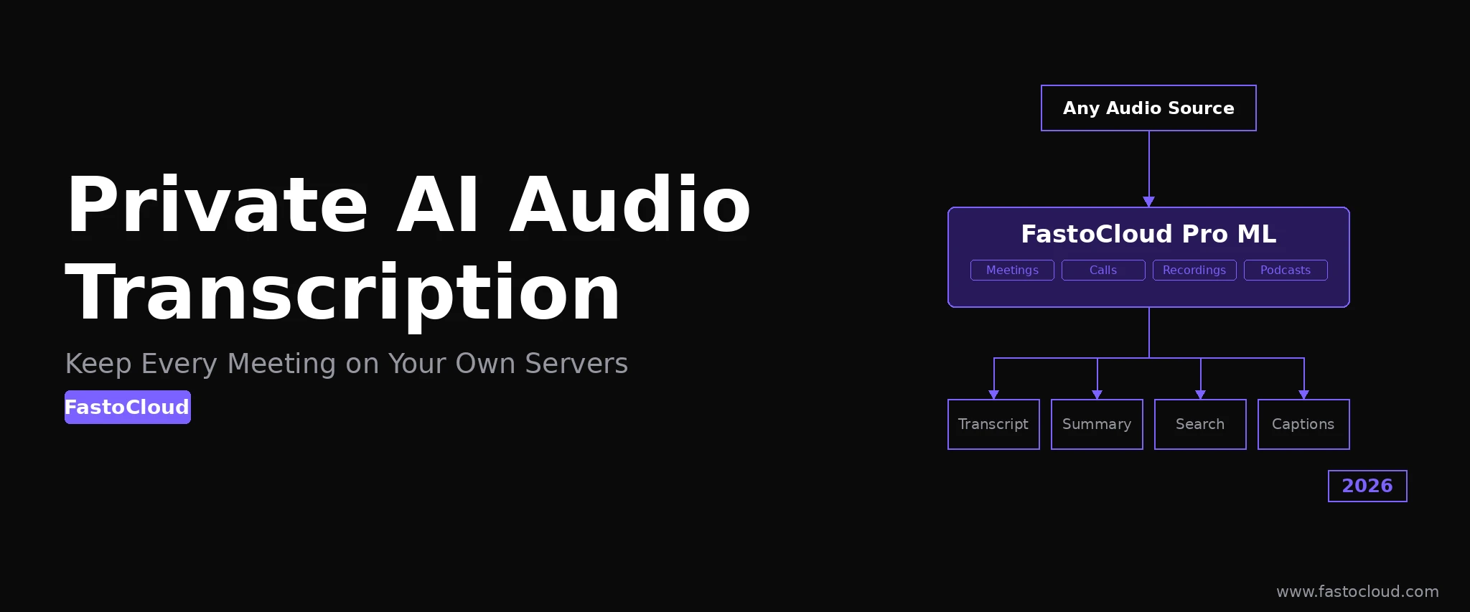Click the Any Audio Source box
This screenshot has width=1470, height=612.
click(x=1148, y=108)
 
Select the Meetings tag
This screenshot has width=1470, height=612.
click(x=1012, y=270)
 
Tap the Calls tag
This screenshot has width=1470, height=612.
click(x=1103, y=270)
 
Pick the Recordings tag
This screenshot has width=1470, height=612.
click(x=1194, y=270)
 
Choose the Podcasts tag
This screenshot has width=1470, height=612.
click(x=1286, y=270)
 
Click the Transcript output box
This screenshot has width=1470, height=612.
click(x=993, y=424)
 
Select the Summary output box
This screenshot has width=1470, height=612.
click(x=1097, y=424)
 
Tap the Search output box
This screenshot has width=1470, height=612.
click(x=1200, y=424)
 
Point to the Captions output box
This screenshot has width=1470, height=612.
click(x=1303, y=424)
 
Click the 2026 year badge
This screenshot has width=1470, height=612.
click(x=1367, y=486)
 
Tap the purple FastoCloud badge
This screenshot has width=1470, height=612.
click(x=128, y=407)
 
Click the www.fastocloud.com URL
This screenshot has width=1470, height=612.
click(x=1357, y=592)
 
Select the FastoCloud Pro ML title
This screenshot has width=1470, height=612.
click(x=1148, y=234)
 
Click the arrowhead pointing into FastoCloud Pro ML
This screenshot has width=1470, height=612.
click(x=1148, y=202)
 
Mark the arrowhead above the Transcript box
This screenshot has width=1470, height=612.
click(x=993, y=395)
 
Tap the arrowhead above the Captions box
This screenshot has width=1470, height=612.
click(x=1303, y=395)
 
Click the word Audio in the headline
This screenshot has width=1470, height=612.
click(x=630, y=205)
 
